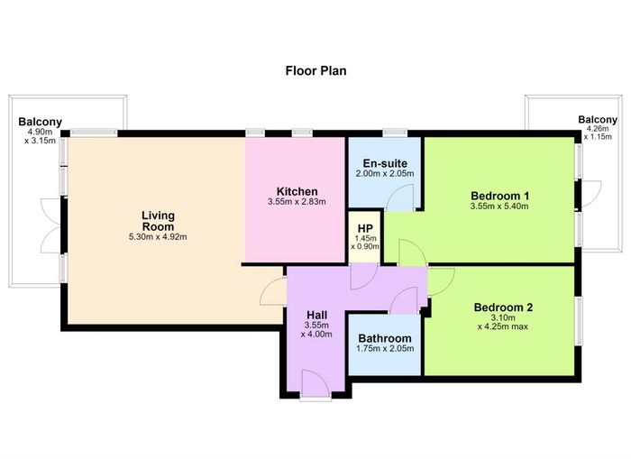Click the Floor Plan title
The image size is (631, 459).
(x=315, y=71)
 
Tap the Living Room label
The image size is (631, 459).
(x=158, y=221)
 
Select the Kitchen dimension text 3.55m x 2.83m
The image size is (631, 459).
(x=297, y=202)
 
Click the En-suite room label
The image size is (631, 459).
(x=385, y=163)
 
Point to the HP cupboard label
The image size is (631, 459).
(x=365, y=229)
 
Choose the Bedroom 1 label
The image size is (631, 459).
(x=499, y=196)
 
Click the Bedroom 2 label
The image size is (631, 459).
(x=503, y=308)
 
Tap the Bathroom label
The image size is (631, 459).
(x=385, y=338)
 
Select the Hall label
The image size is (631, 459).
(x=316, y=315)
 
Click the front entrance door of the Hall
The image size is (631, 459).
(x=315, y=384)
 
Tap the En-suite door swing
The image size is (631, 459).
(x=399, y=197)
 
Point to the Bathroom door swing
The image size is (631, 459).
(x=404, y=300)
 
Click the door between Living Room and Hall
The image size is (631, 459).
(x=274, y=292)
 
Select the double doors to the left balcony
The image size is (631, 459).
(x=51, y=225)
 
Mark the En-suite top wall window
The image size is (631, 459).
(x=395, y=132)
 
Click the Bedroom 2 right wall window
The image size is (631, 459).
(x=579, y=321)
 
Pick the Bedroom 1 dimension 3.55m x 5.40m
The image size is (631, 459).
(x=499, y=207)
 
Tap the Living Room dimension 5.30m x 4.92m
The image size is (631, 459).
(x=158, y=237)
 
